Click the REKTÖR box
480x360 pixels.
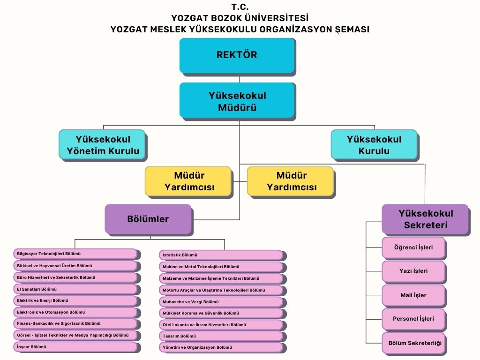[x=237, y=55]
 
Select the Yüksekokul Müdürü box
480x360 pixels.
[x=237, y=100]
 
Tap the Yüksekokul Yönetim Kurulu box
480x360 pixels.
[x=102, y=144]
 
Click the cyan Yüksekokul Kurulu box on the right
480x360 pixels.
[x=374, y=144]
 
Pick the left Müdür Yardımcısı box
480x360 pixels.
[x=188, y=181]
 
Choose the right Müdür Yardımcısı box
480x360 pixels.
[x=290, y=181]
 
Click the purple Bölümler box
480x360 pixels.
[x=148, y=218]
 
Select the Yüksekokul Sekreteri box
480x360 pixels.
[x=425, y=219]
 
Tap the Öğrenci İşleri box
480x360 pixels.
[x=413, y=247]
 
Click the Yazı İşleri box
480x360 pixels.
[x=413, y=271]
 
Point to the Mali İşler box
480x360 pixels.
[x=413, y=295]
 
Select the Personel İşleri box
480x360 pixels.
[x=413, y=319]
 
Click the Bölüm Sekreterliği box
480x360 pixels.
[x=413, y=343]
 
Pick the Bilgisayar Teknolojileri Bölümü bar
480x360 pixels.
[x=75, y=254]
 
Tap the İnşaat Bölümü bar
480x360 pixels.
[x=75, y=347]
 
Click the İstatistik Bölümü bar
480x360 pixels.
[x=221, y=255]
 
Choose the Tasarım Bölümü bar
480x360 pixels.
[x=221, y=336]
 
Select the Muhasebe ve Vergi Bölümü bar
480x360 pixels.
[x=221, y=302]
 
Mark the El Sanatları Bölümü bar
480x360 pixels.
[x=75, y=289]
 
